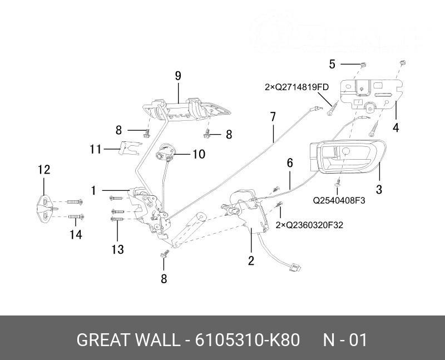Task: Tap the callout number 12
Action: pyautogui.click(x=44, y=170)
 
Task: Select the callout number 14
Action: pyautogui.click(x=76, y=235)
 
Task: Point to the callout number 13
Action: pyautogui.click(x=117, y=249)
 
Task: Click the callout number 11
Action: pyautogui.click(x=96, y=149)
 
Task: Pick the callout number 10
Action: pyautogui.click(x=199, y=154)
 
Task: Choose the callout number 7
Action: pyautogui.click(x=273, y=117)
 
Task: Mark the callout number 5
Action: pyautogui.click(x=332, y=64)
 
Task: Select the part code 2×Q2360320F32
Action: pyautogui.click(x=310, y=225)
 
